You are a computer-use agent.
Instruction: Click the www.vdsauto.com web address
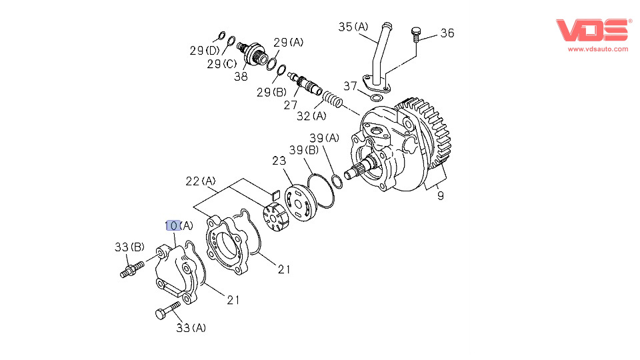pyautogui.click(x=598, y=49)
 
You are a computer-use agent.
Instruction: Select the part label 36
pyautogui.click(x=447, y=33)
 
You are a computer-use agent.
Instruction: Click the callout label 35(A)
pyautogui.click(x=353, y=27)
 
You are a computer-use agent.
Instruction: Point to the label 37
pyautogui.click(x=351, y=85)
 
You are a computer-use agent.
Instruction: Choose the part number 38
pyautogui.click(x=241, y=76)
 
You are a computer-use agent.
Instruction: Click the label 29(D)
pyautogui.click(x=204, y=51)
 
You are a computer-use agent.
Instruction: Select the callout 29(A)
pyautogui.click(x=288, y=42)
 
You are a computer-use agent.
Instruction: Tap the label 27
pyautogui.click(x=291, y=105)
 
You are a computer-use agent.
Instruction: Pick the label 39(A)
pyautogui.click(x=324, y=138)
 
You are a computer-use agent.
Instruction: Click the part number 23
pyautogui.click(x=279, y=161)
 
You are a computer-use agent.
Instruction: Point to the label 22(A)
pyautogui.click(x=201, y=181)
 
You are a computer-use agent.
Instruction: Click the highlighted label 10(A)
pyautogui.click(x=179, y=225)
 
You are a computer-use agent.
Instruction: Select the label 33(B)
pyautogui.click(x=129, y=247)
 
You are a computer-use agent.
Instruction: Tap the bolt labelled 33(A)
pyautogui.click(x=168, y=310)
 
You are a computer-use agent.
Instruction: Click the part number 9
pyautogui.click(x=440, y=196)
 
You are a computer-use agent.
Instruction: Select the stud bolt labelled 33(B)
pyautogui.click(x=132, y=270)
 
